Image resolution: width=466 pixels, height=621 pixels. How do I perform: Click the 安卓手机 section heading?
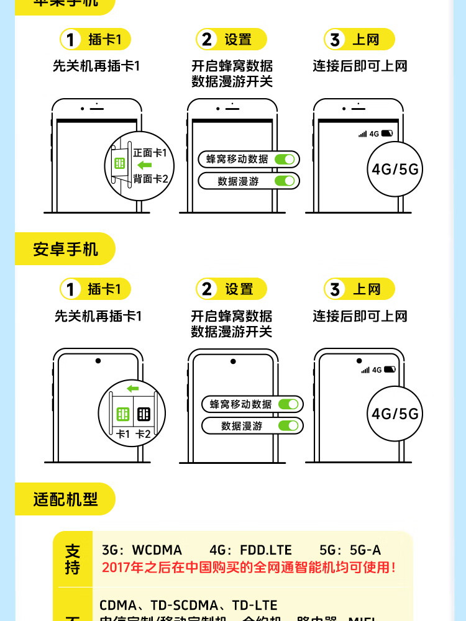pos(65,249)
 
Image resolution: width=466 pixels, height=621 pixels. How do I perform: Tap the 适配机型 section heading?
pos(65,499)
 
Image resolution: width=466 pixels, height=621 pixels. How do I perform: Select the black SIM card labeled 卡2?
pos(144,414)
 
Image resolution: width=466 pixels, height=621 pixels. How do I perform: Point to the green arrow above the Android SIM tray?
pos(132,389)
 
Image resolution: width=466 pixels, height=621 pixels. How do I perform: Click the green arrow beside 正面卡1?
pos(144,165)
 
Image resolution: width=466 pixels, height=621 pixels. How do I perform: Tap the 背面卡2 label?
pos(150,179)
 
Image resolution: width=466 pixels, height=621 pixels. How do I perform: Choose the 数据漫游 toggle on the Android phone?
pos(288,426)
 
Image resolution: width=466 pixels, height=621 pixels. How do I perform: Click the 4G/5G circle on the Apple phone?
pos(395,169)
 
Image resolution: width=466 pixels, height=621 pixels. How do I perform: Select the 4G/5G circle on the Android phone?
pos(395,414)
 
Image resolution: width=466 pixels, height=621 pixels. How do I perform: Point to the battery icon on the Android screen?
pos(390,369)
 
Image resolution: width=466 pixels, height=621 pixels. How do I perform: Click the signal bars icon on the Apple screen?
pos(362,134)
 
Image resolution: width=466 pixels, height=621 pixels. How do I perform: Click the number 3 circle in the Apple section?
pos(336,40)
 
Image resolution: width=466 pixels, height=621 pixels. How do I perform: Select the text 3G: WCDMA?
pos(142,550)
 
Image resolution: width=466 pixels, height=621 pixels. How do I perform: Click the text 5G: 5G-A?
pos(350,550)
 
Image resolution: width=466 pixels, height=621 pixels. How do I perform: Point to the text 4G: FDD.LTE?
pos(250,550)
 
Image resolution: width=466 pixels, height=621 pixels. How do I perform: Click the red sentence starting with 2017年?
pos(249,567)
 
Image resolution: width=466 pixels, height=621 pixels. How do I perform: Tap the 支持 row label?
pos(73,559)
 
